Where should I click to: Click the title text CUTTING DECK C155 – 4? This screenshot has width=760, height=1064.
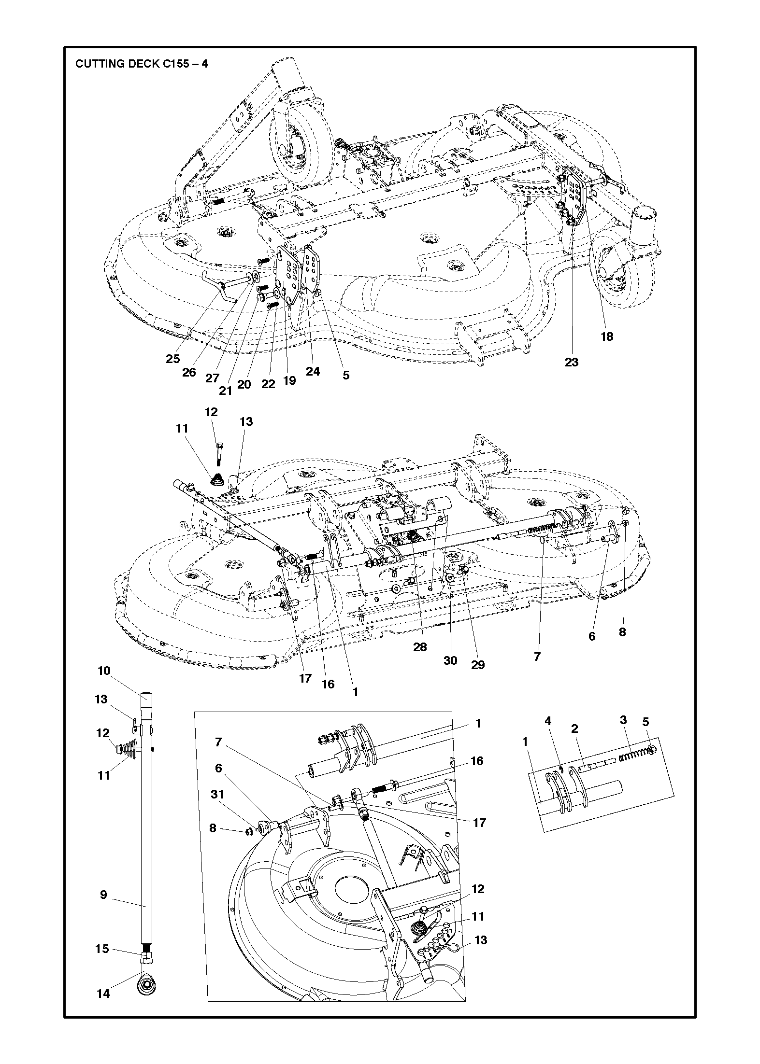tap(142, 64)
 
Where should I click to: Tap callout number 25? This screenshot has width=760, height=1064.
tap(173, 359)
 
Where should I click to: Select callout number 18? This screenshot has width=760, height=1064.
tap(607, 336)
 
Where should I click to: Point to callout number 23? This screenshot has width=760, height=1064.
tap(572, 362)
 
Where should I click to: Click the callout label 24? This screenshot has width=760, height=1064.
tap(313, 371)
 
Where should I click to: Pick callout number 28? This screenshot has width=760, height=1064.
tap(420, 647)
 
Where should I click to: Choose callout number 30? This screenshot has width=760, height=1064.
tap(450, 660)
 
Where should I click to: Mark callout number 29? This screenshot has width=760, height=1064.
tap(478, 665)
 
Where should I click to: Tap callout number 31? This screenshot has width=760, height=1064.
tap(218, 807)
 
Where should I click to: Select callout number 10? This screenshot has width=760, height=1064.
tap(104, 671)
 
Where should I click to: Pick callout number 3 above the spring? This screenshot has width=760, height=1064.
tap(623, 734)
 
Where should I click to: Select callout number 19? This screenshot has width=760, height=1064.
tap(289, 380)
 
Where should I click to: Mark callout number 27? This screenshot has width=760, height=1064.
tap(212, 378)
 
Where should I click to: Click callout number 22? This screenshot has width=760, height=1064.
tap(268, 384)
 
